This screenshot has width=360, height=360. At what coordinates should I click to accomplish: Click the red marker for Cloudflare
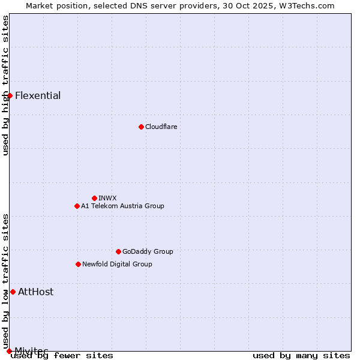tap(141, 127)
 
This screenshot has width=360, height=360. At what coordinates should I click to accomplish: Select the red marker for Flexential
tap(10, 95)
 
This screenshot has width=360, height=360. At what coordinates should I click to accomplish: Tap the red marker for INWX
tap(94, 198)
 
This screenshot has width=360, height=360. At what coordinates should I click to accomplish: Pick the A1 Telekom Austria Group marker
tap(77, 206)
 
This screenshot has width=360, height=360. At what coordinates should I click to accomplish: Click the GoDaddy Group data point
tap(118, 251)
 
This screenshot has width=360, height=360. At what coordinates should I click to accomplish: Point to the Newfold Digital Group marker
tap(78, 264)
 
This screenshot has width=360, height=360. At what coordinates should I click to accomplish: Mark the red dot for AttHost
tap(13, 292)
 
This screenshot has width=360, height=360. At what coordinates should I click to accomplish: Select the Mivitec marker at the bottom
tap(9, 351)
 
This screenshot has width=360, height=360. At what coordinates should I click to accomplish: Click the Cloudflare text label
tap(161, 127)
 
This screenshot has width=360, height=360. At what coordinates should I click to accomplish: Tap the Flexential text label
tap(38, 95)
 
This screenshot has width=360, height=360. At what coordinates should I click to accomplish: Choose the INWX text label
tap(107, 198)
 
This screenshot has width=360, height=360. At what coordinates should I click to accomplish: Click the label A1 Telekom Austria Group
tap(122, 206)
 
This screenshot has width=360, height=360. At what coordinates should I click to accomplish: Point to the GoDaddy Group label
tap(148, 251)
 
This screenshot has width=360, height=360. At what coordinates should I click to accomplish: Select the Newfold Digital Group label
tap(117, 264)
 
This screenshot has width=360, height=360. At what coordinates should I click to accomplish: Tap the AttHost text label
tap(35, 292)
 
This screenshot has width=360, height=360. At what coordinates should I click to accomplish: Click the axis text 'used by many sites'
tap(301, 355)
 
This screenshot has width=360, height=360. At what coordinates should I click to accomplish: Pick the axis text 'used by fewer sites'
tap(62, 355)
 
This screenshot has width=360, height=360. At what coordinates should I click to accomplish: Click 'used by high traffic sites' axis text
tap(5, 85)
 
